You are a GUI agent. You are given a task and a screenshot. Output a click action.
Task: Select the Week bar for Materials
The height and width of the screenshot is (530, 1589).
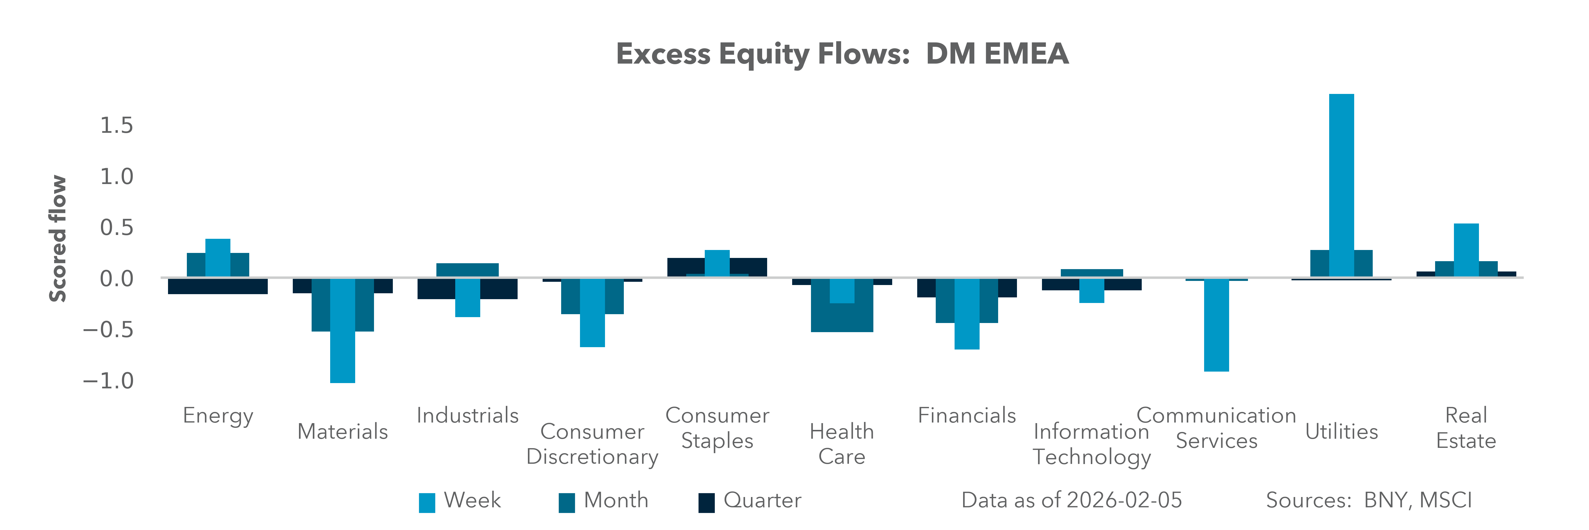pos(342,330)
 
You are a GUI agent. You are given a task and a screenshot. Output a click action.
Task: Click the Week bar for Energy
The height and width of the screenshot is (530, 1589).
pos(218,258)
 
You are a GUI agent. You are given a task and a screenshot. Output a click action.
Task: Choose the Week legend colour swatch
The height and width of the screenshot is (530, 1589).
pos(427,502)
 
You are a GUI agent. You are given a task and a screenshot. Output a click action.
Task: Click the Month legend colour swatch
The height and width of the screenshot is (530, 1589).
pos(566,502)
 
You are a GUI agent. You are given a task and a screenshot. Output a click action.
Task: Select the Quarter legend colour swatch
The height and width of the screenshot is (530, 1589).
pos(706,502)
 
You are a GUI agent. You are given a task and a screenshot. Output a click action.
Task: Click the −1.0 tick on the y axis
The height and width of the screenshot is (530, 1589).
pos(109,381)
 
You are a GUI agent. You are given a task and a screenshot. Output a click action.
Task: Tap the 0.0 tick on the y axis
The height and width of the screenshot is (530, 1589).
pos(117,279)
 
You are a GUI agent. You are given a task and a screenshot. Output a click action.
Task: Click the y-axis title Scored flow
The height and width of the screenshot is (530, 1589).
pos(57,239)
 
